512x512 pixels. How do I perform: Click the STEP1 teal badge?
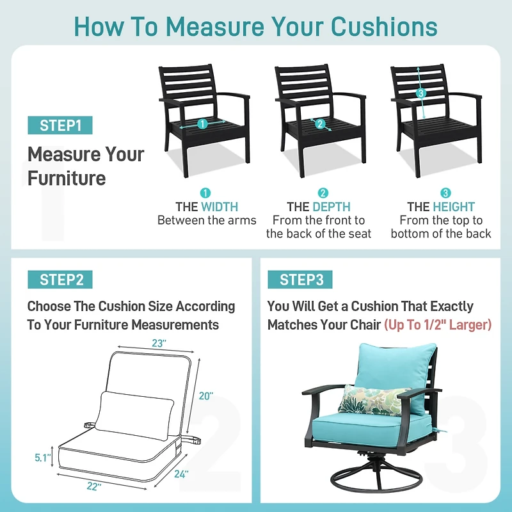point(60,125)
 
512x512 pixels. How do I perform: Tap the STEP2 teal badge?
point(60,280)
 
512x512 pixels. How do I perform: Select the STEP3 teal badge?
point(300,280)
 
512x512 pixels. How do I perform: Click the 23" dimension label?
point(159,343)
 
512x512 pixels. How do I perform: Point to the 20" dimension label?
point(206,396)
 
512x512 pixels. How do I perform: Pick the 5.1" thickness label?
point(43,458)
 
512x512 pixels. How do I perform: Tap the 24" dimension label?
point(181,474)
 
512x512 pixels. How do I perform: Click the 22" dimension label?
point(94,486)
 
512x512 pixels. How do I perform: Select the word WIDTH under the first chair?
point(220,207)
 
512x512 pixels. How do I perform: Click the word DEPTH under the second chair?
point(332,207)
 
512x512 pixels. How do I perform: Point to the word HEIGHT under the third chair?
point(454,207)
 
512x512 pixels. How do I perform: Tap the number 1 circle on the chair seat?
point(202,124)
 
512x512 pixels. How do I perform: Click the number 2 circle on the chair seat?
point(321,124)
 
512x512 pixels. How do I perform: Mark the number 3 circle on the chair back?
point(421,93)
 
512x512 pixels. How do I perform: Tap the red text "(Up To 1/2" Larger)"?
point(438,325)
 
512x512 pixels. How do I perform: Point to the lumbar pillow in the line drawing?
point(134,415)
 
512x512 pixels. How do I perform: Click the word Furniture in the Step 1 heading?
point(67,179)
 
